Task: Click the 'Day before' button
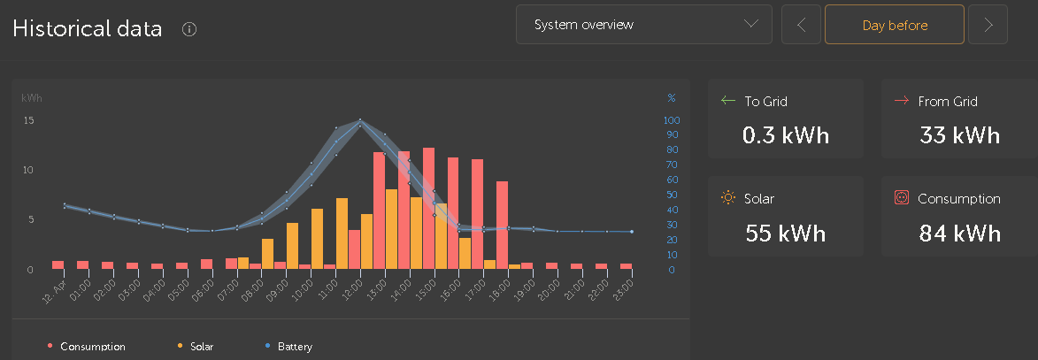[895, 25]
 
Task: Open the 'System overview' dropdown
[643, 25]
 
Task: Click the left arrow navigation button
[801, 25]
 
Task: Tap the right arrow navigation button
[988, 25]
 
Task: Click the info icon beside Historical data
[189, 29]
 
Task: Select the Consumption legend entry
[86, 346]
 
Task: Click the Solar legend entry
[196, 346]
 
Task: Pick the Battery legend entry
[288, 346]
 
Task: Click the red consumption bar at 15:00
[428, 208]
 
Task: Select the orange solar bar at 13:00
[391, 229]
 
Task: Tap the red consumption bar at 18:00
[502, 225]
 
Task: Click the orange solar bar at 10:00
[317, 239]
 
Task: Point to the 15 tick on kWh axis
[27, 120]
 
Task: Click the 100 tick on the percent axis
[672, 120]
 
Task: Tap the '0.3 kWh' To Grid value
[785, 135]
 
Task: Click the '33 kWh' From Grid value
[959, 135]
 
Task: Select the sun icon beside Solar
[728, 198]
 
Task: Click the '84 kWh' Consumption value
[959, 233]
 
